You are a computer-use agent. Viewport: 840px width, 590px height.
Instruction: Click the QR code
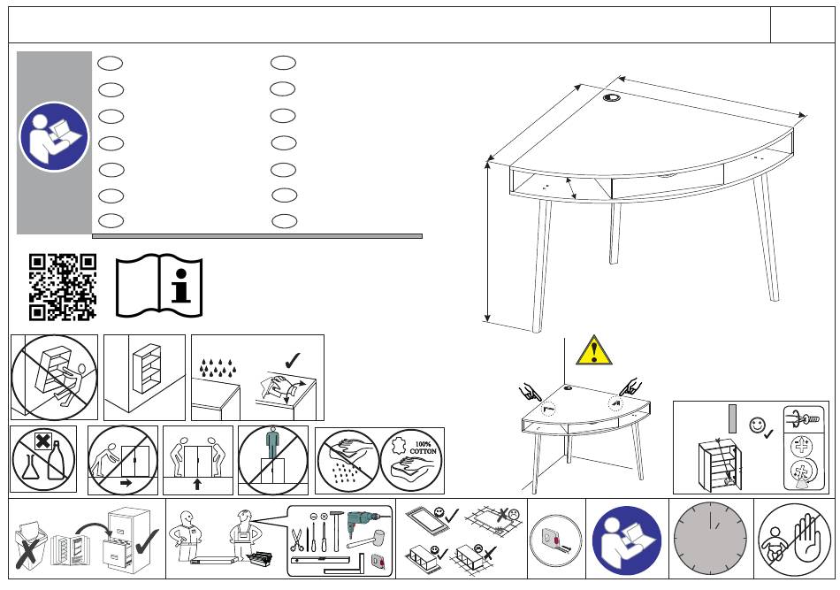tap(63, 287)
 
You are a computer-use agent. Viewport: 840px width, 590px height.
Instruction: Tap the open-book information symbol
tap(159, 286)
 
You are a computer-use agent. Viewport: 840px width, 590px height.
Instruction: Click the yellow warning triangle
tap(593, 351)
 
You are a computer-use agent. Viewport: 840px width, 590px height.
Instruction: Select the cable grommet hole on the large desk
tap(612, 97)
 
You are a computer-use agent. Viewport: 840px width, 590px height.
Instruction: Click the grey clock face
tap(712, 540)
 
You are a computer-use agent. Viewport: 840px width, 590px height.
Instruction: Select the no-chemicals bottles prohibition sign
tap(43, 459)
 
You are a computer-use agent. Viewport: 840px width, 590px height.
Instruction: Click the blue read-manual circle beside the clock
tap(627, 540)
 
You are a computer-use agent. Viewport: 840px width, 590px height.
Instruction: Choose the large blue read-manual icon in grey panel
tap(54, 137)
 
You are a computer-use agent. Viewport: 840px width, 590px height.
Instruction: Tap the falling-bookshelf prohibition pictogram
tap(54, 377)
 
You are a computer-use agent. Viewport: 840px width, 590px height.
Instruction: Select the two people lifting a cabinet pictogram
tap(198, 460)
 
